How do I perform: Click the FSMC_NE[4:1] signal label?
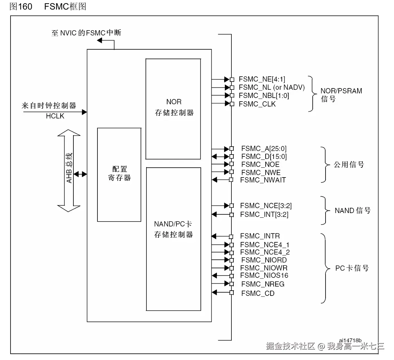[x=262, y=79]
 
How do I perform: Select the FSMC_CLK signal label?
[x=257, y=104]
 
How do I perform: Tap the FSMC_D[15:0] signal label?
[x=264, y=156]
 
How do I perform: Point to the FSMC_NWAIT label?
[x=263, y=180]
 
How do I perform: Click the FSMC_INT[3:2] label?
[x=264, y=214]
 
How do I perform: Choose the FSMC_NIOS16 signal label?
[x=264, y=276]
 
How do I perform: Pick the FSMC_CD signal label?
[x=258, y=293]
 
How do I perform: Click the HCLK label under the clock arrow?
[x=55, y=116]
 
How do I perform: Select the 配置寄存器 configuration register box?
[x=119, y=174]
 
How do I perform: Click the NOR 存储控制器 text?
[x=174, y=108]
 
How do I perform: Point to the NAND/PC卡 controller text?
[x=173, y=229]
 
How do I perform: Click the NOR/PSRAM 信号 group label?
[x=341, y=95]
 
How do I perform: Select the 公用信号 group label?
[x=349, y=165]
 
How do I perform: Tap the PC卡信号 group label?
[x=352, y=268]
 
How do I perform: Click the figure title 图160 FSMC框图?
[x=48, y=7]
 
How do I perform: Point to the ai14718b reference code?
[x=350, y=340]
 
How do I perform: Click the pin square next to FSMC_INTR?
[x=231, y=236]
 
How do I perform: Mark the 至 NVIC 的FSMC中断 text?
[x=86, y=33]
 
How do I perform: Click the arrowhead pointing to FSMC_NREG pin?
[x=226, y=284]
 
